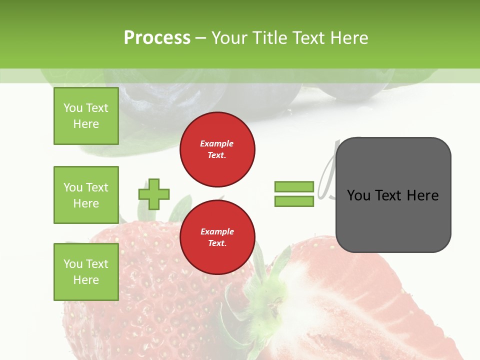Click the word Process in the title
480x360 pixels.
click(157, 38)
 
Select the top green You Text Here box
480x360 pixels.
click(86, 116)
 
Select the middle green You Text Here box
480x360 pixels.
click(86, 195)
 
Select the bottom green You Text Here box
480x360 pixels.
click(86, 271)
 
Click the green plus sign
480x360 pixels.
click(154, 194)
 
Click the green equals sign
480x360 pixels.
click(294, 194)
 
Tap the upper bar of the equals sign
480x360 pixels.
click(294, 187)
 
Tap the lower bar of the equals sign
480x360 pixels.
click(294, 201)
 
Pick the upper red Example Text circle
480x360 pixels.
click(217, 149)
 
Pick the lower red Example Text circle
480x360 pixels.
click(217, 237)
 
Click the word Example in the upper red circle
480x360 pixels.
click(217, 144)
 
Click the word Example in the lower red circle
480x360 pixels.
click(217, 232)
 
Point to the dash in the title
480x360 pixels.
click(200, 38)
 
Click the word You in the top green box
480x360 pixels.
click(72, 108)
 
